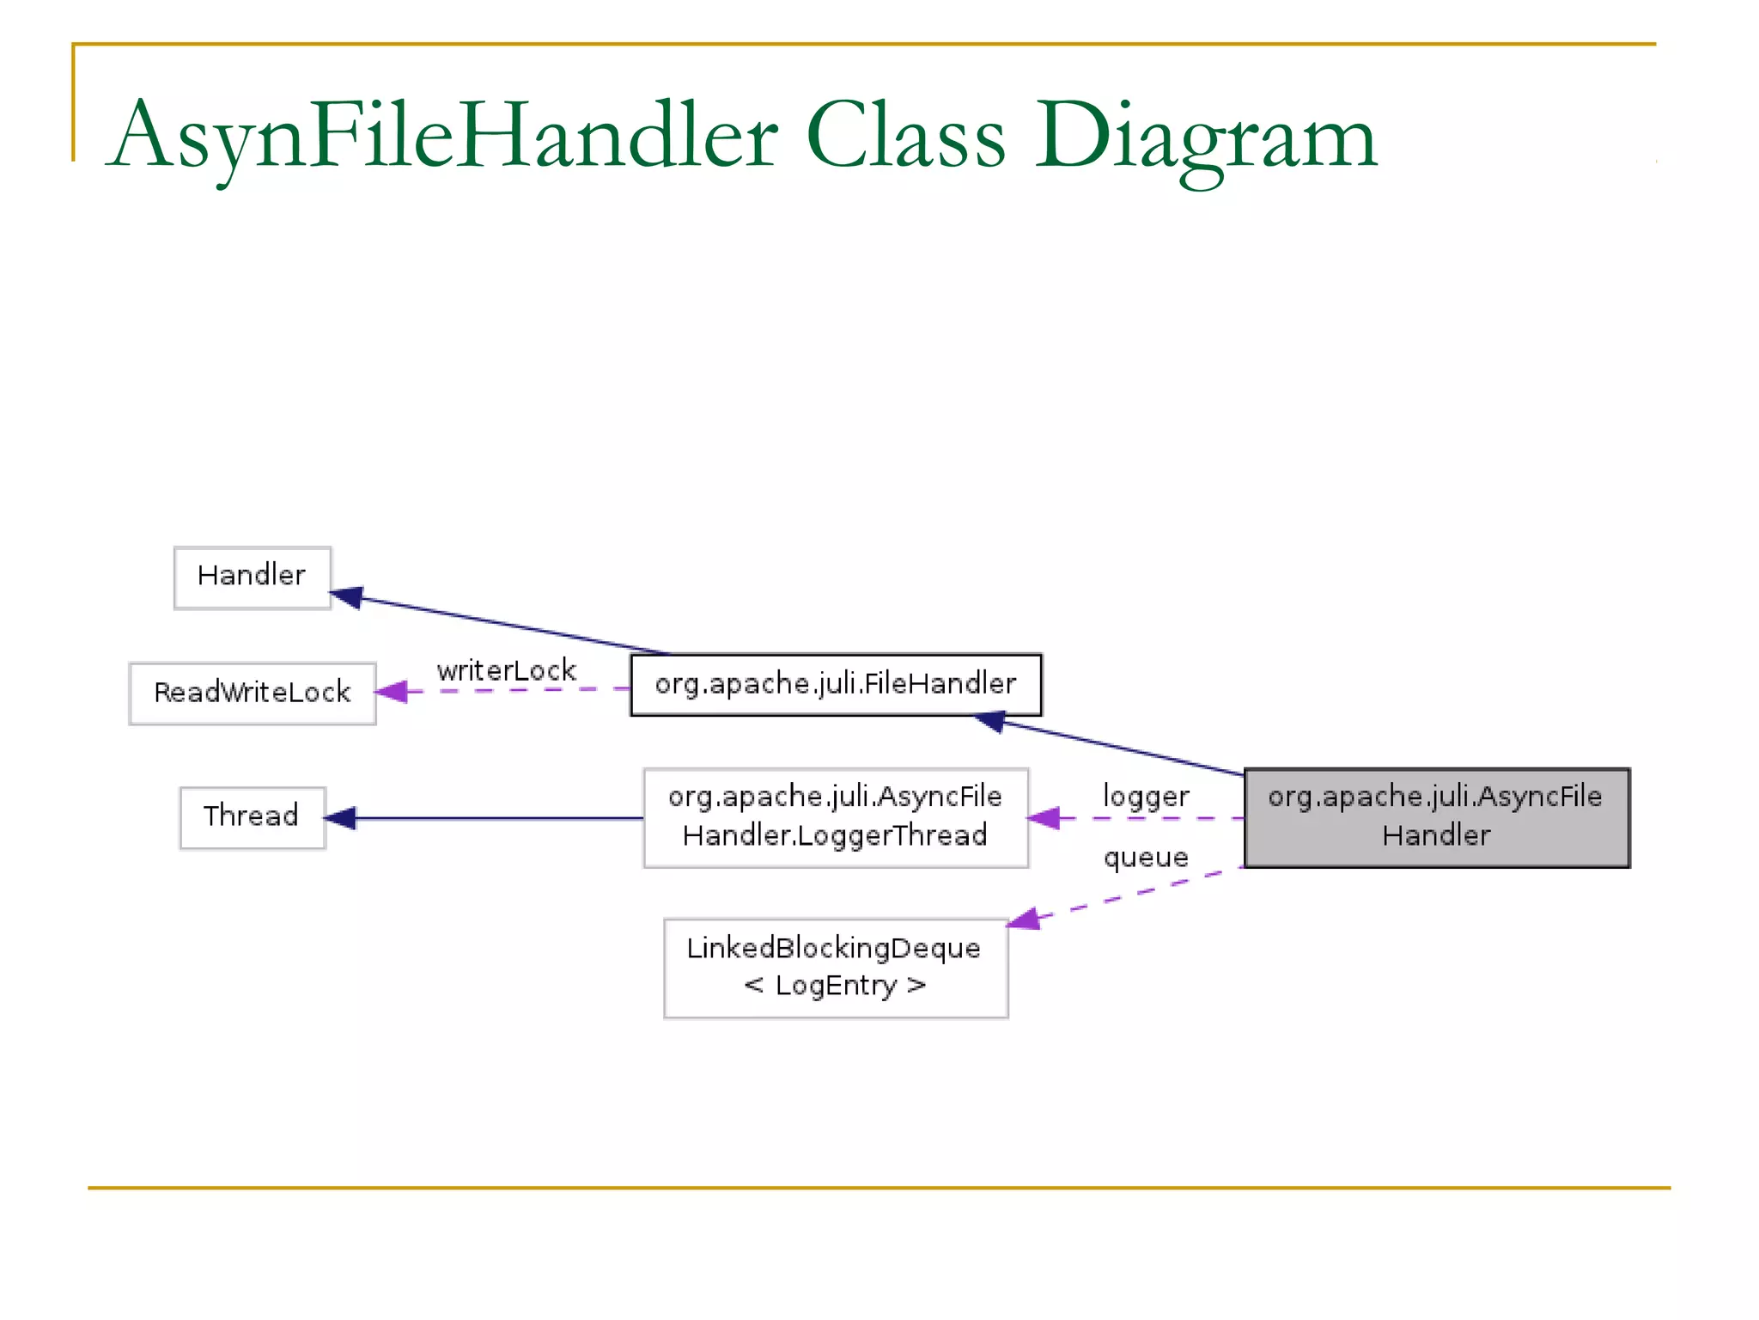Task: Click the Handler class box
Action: (252, 577)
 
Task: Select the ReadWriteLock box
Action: (252, 693)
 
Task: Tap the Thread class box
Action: (252, 817)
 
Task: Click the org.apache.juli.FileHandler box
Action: (835, 685)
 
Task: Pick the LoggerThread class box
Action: (835, 817)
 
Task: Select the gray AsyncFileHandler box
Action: (1435, 817)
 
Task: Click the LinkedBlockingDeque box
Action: (835, 968)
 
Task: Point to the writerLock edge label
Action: (506, 670)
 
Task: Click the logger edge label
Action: (1145, 796)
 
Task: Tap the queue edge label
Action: (1145, 857)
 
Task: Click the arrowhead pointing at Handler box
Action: (346, 596)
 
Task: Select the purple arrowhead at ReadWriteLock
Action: (392, 692)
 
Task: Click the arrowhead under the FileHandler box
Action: (989, 721)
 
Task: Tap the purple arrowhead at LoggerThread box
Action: (1044, 818)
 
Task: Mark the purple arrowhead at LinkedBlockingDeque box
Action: (1024, 920)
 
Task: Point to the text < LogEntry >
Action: (835, 985)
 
